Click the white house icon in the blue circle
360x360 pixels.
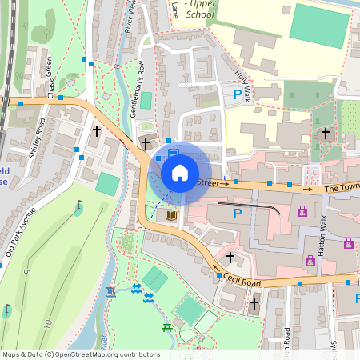[180, 172]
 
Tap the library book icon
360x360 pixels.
[170, 216]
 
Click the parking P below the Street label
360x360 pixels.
[237, 214]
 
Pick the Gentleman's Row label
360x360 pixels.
[138, 90]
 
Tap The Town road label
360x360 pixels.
[342, 189]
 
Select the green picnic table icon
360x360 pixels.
[166, 326]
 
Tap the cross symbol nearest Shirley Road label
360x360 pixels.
[97, 130]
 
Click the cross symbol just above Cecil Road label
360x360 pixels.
[230, 258]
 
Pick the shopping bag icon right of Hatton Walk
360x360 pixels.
[348, 243]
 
